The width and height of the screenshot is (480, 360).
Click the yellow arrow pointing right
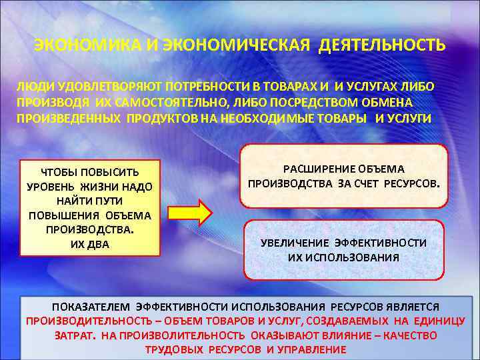tap(189, 213)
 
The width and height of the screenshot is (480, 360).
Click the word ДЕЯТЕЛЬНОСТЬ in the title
tap(382, 45)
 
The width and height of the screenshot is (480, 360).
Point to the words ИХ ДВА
tap(90, 245)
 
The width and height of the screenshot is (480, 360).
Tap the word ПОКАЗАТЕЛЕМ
tap(91, 307)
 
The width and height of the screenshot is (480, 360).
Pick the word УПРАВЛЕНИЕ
tap(313, 349)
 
